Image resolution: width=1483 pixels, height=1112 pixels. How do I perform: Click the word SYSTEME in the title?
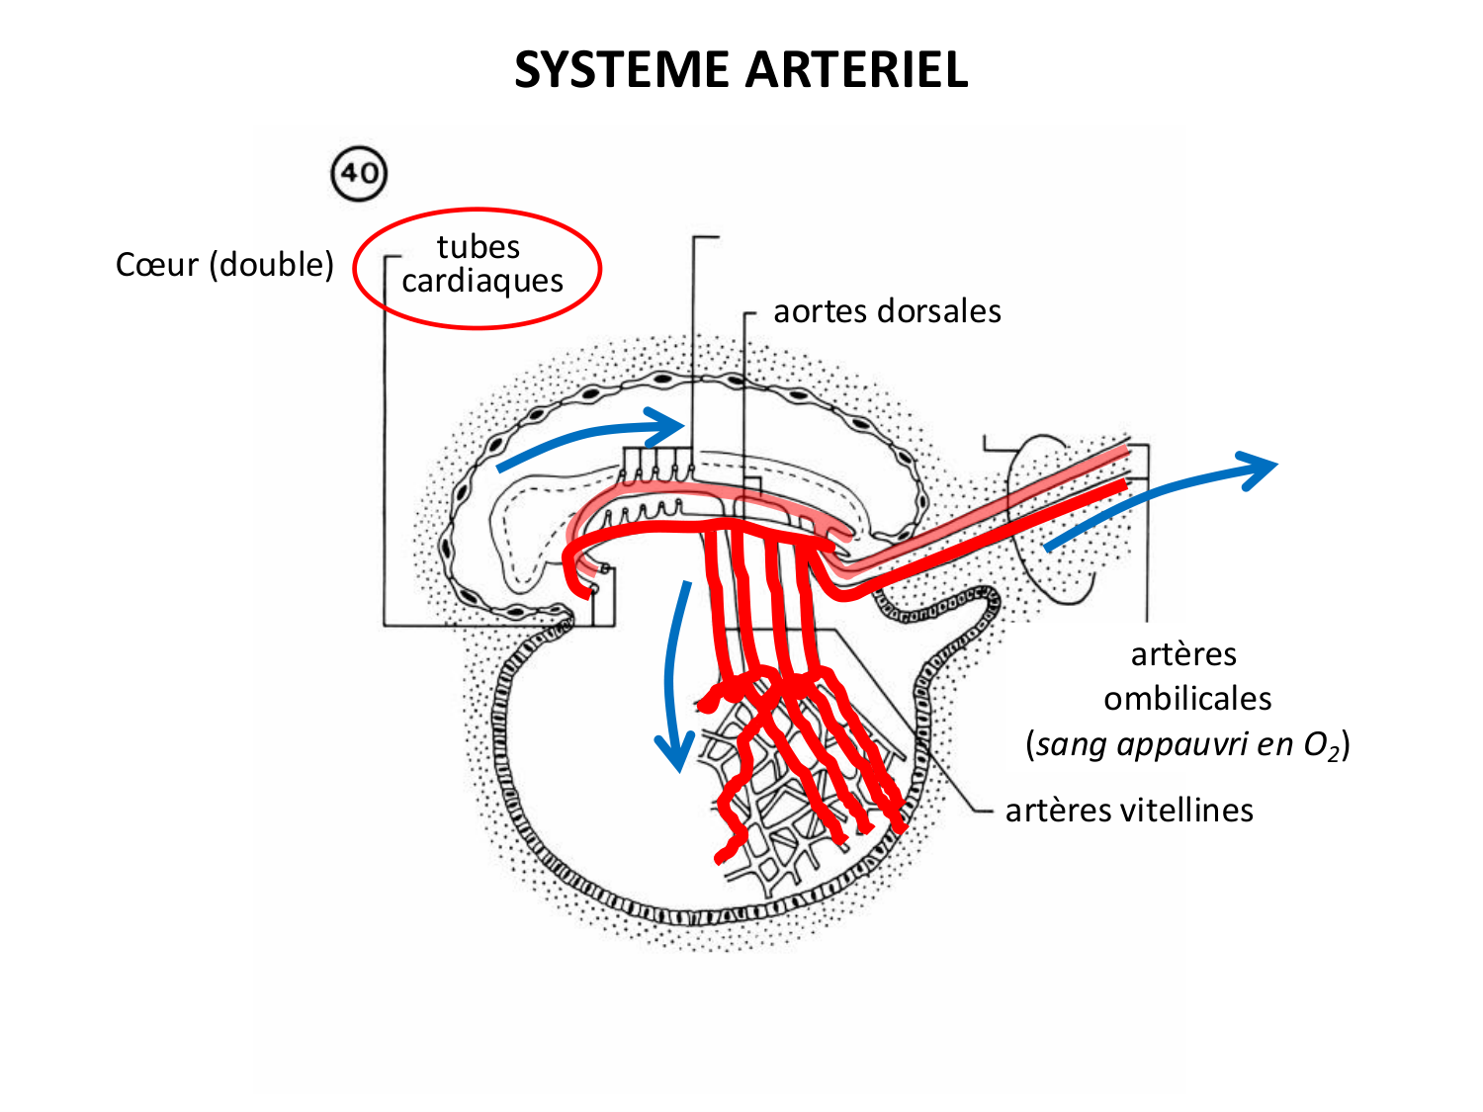click(623, 70)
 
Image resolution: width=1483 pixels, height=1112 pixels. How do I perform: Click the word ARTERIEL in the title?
click(856, 70)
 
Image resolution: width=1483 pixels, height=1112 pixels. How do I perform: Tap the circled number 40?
click(359, 174)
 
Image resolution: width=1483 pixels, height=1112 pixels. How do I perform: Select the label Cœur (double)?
click(224, 265)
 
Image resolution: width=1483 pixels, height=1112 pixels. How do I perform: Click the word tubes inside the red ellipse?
click(479, 246)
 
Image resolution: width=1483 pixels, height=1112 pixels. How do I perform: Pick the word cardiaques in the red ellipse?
click(482, 282)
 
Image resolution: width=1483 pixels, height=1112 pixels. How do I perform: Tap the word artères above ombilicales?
click(1183, 654)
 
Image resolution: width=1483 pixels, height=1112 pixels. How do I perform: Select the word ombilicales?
click(1187, 699)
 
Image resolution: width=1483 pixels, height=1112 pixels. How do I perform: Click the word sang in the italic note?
click(1072, 744)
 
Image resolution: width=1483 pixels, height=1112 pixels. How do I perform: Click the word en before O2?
click(1274, 744)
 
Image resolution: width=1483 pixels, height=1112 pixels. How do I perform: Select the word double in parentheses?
click(272, 265)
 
